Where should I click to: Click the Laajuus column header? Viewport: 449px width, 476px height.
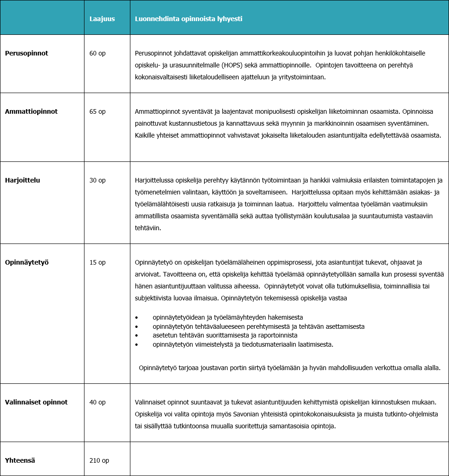click(102, 19)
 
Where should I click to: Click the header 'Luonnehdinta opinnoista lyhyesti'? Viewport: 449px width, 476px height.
click(188, 19)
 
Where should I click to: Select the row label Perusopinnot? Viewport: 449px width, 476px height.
click(27, 53)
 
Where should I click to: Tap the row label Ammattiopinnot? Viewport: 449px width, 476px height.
click(31, 111)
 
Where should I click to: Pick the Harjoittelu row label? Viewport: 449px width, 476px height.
click(22, 180)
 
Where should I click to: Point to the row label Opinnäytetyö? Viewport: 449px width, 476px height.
click(27, 262)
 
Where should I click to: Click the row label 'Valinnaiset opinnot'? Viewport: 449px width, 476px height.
click(36, 402)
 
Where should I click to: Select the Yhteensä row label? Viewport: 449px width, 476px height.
click(20, 460)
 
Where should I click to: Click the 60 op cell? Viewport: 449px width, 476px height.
click(97, 53)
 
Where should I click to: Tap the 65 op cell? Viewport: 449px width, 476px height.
click(97, 111)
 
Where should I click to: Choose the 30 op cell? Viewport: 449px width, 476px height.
click(97, 180)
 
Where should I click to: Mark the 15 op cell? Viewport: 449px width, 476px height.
click(97, 262)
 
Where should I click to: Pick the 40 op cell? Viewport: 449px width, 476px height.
click(97, 402)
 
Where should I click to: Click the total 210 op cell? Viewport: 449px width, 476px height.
click(99, 460)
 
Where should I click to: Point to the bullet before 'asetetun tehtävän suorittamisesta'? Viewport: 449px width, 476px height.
click(137, 336)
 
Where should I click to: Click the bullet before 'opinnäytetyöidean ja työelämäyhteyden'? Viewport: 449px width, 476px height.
click(137, 317)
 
